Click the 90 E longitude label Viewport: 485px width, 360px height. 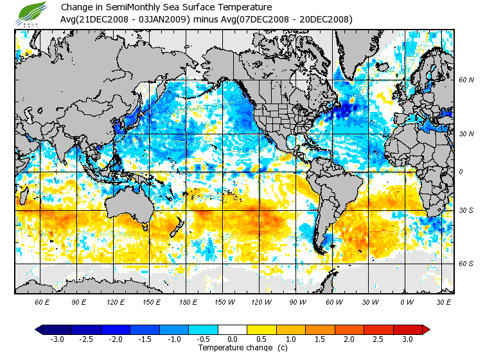[x=78, y=301]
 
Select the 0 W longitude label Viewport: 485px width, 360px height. [x=407, y=301]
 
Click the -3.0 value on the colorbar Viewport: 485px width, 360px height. [x=56, y=339]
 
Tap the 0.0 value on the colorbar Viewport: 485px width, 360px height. [x=233, y=339]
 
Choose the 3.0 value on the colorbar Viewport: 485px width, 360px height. [x=407, y=339]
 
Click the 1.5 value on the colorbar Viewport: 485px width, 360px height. [x=320, y=339]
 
